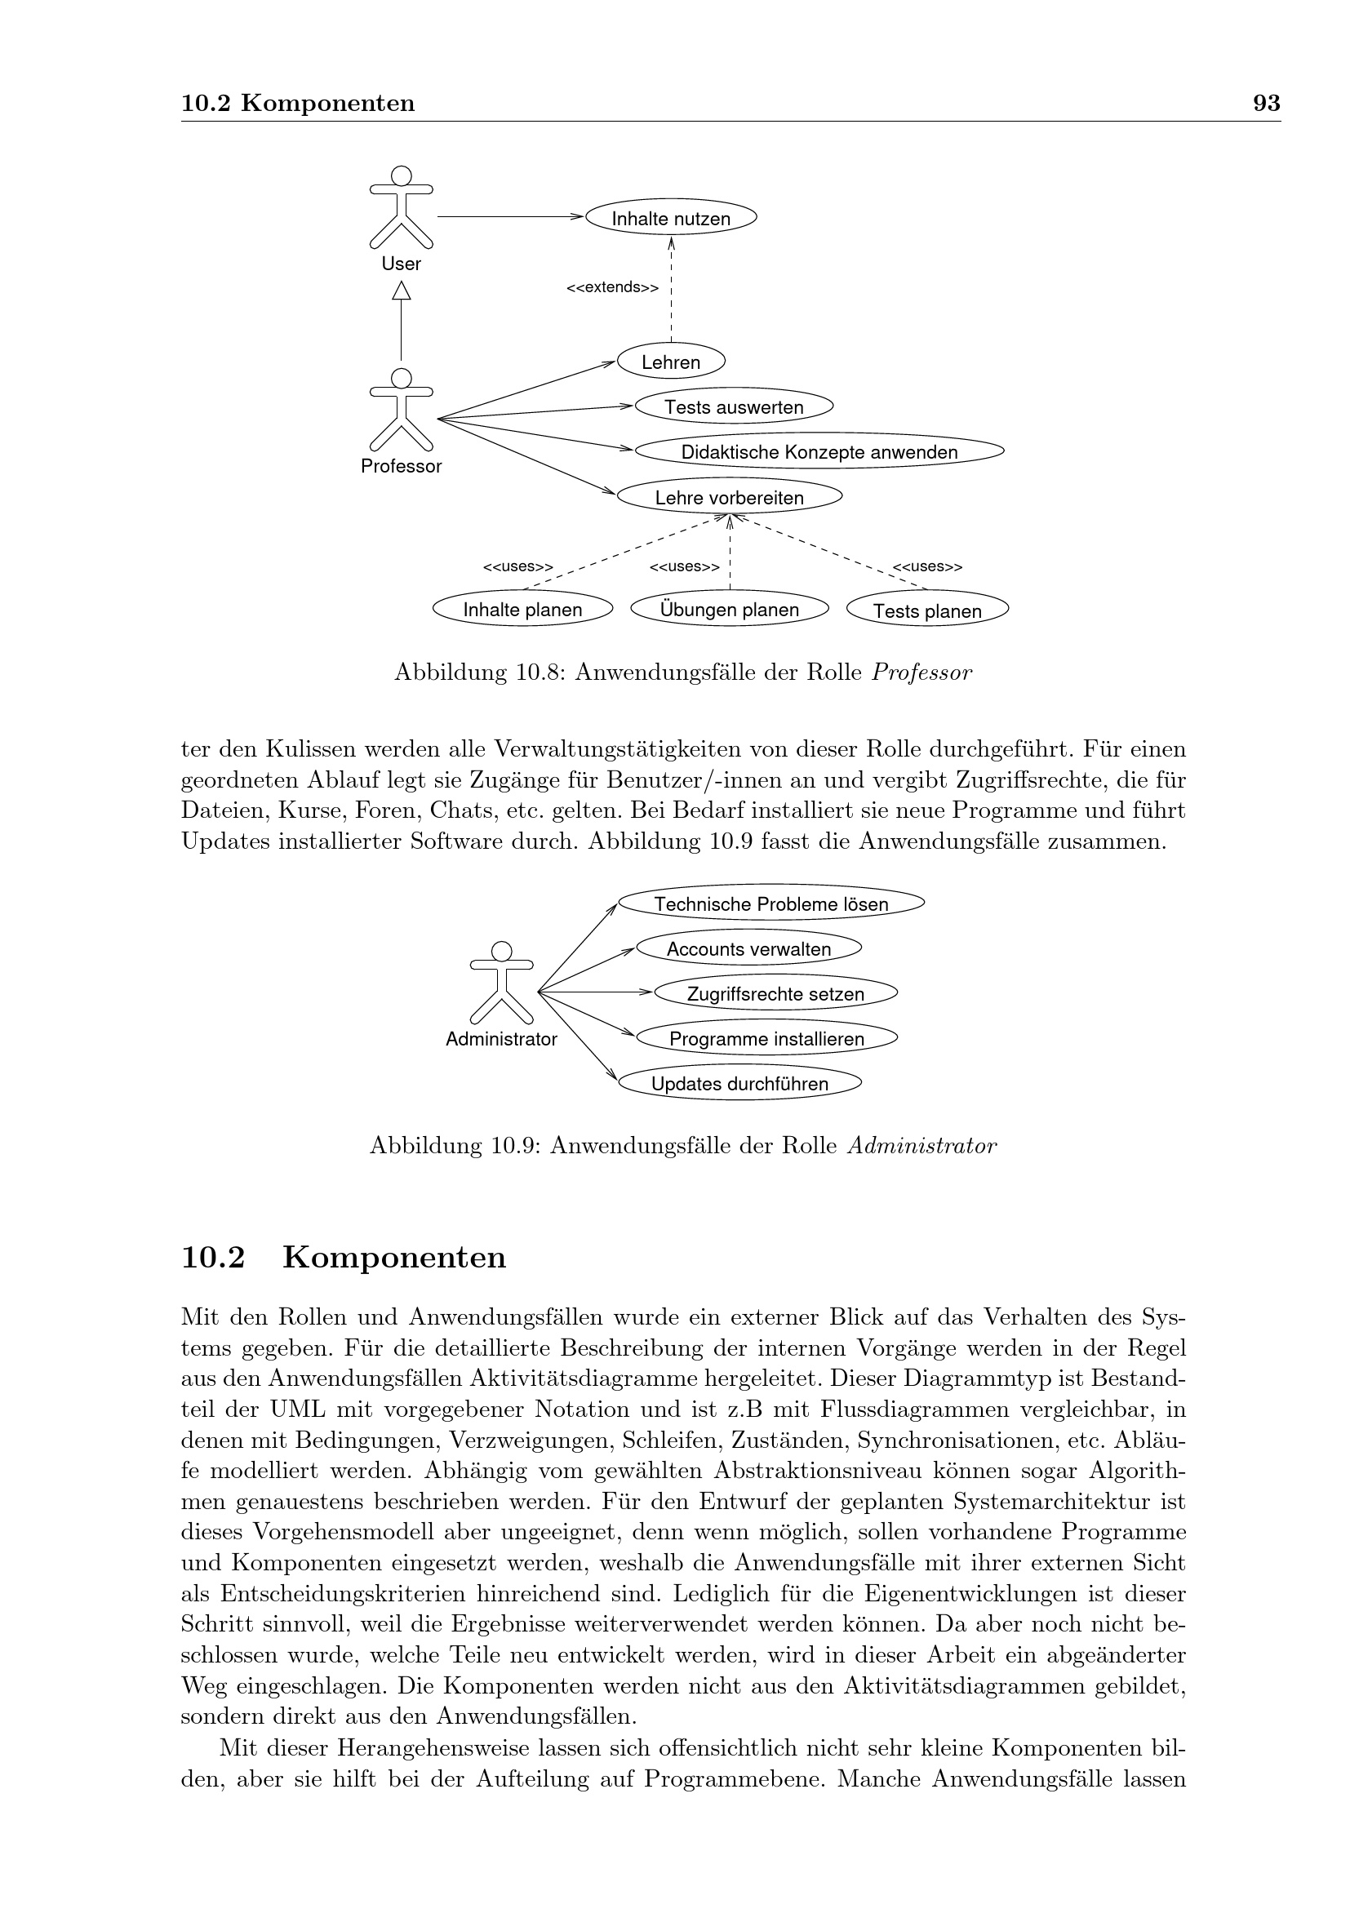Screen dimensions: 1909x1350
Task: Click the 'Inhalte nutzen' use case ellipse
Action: pyautogui.click(x=671, y=218)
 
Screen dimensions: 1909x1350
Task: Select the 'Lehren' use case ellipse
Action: pyautogui.click(x=671, y=362)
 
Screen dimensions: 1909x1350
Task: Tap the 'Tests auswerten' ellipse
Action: pyautogui.click(x=733, y=406)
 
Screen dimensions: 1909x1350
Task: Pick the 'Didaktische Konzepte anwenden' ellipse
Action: pyautogui.click(x=819, y=451)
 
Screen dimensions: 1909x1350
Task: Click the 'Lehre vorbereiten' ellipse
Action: pyautogui.click(x=729, y=497)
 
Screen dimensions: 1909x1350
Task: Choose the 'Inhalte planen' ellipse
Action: pyautogui.click(x=522, y=610)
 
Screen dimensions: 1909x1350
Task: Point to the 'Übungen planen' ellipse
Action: pyautogui.click(x=729, y=609)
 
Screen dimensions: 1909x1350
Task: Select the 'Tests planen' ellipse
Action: pyautogui.click(x=927, y=610)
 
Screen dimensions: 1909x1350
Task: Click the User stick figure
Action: pyautogui.click(x=401, y=208)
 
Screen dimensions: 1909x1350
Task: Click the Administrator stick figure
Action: pyautogui.click(x=500, y=983)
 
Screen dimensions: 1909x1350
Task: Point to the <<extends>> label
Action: pyautogui.click(x=612, y=287)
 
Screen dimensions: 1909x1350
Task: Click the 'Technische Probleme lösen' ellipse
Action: pyautogui.click(x=770, y=903)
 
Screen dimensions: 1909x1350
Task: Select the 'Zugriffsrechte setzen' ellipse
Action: pyautogui.click(x=775, y=993)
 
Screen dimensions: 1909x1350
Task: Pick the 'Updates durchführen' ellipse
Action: pyautogui.click(x=739, y=1083)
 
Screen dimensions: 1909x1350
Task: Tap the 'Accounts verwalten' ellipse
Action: pyautogui.click(x=748, y=948)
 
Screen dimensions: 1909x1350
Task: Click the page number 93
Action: pyautogui.click(x=1265, y=103)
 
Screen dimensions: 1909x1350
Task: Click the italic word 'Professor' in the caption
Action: pyautogui.click(x=921, y=672)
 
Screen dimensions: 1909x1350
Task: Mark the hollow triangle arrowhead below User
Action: pyautogui.click(x=402, y=291)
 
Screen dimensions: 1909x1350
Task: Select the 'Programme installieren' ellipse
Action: pyautogui.click(x=766, y=1038)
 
